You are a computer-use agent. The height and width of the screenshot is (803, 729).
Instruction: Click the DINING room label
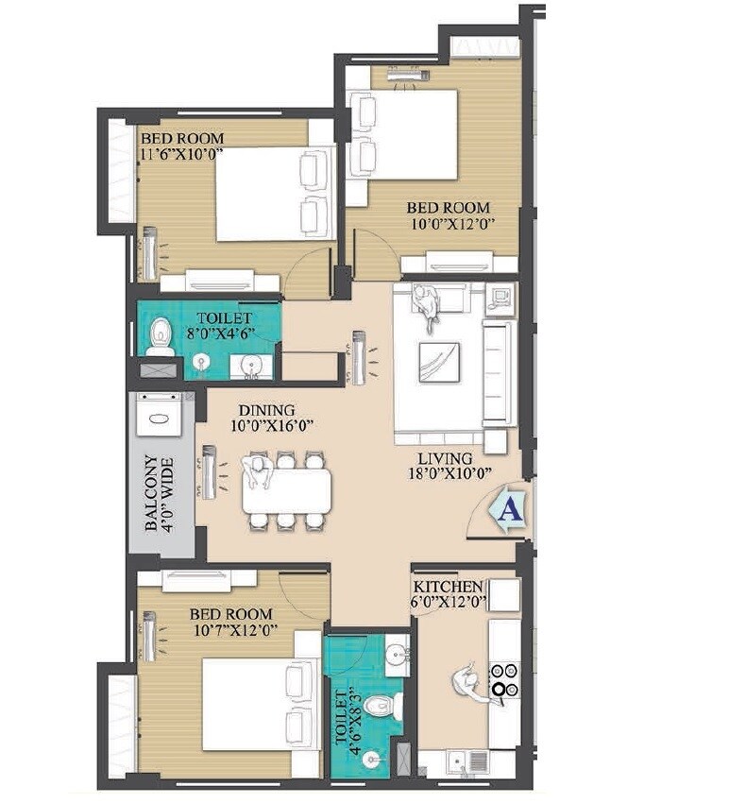click(266, 410)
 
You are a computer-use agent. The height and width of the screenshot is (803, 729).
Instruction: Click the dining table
click(287, 492)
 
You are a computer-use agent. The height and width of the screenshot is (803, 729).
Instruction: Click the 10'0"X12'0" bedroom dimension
click(452, 224)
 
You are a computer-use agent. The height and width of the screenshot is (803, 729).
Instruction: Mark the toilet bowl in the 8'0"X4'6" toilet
click(160, 335)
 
